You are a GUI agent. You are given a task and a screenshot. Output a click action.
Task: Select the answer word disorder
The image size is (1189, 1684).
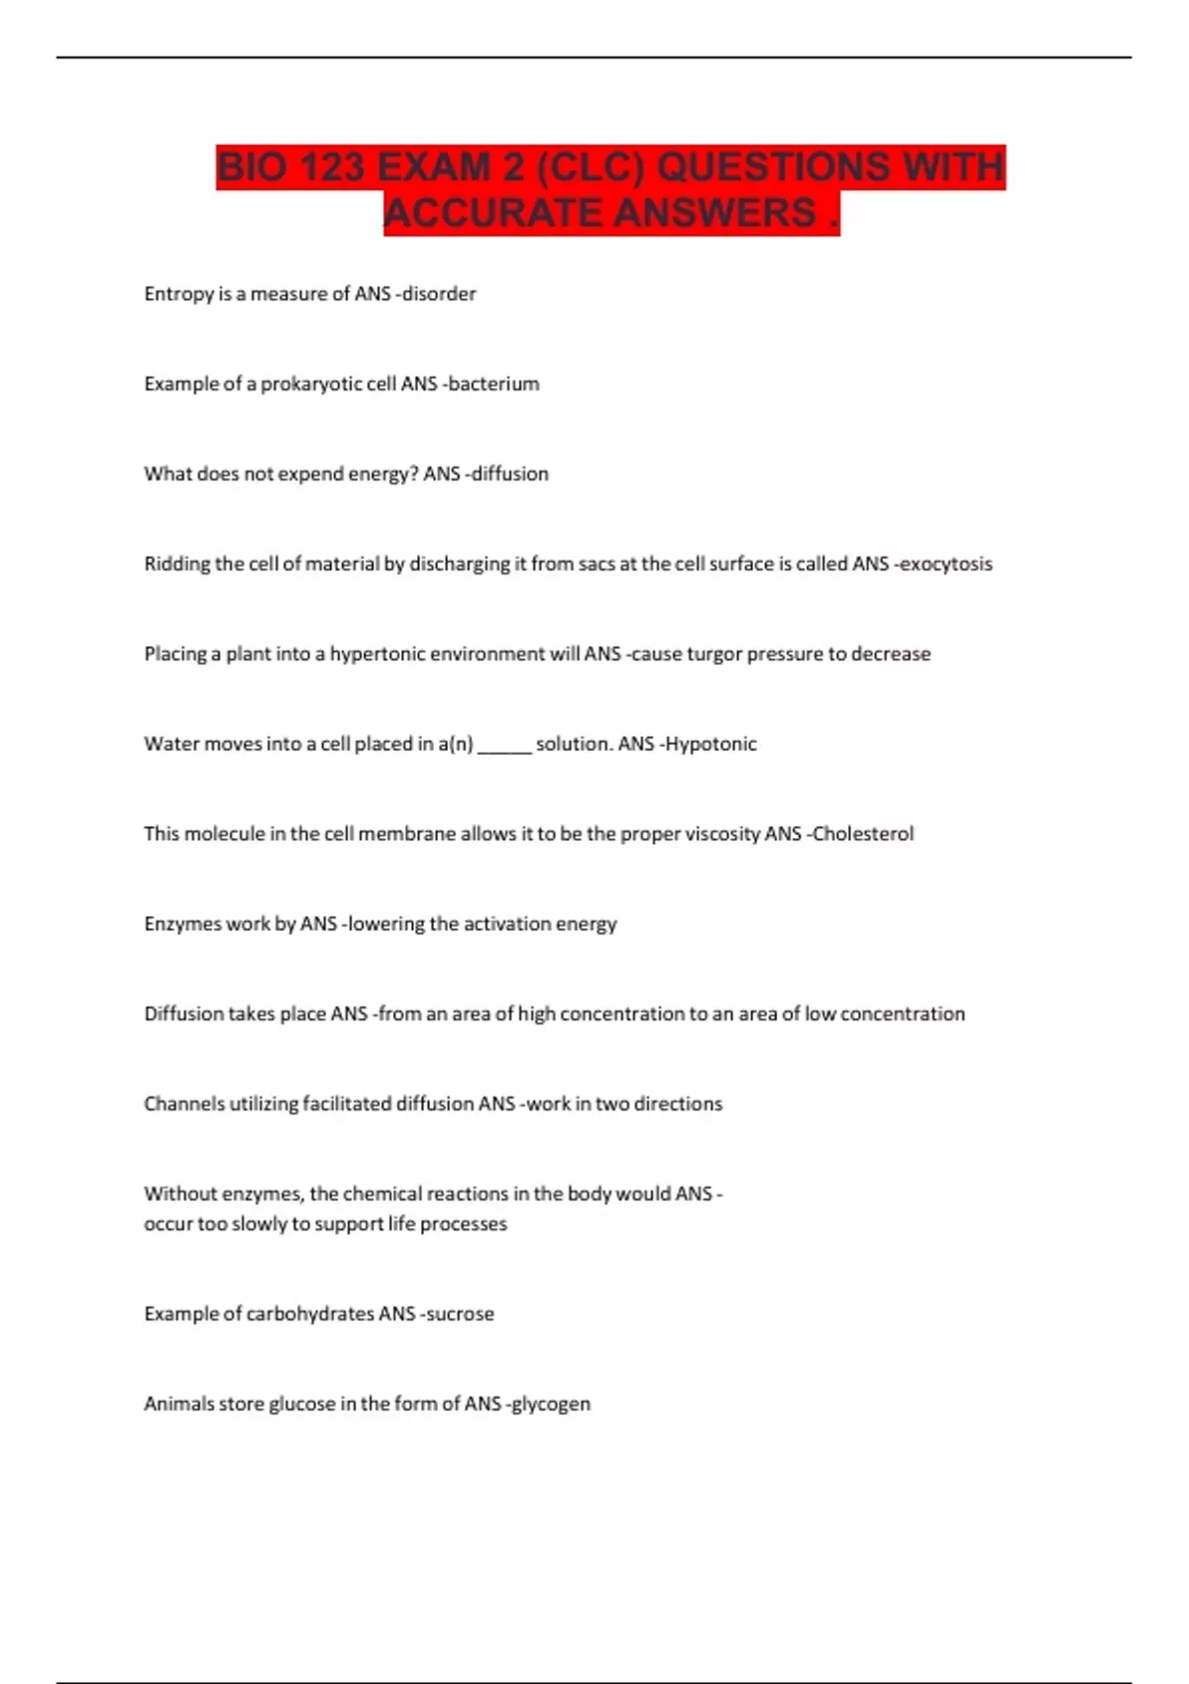point(439,294)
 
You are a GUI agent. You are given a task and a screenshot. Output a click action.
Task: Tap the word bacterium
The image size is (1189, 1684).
point(493,384)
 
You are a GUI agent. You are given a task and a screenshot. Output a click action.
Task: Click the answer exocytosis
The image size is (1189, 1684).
point(946,564)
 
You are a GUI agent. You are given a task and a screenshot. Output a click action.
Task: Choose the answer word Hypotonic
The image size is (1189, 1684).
point(710,744)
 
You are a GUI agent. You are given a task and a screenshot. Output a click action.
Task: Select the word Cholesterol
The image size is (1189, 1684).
point(863,834)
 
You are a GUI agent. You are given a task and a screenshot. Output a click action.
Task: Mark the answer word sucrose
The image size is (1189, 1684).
point(460,1315)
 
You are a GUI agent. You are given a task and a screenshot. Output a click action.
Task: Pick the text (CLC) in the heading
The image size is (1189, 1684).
point(591,167)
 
